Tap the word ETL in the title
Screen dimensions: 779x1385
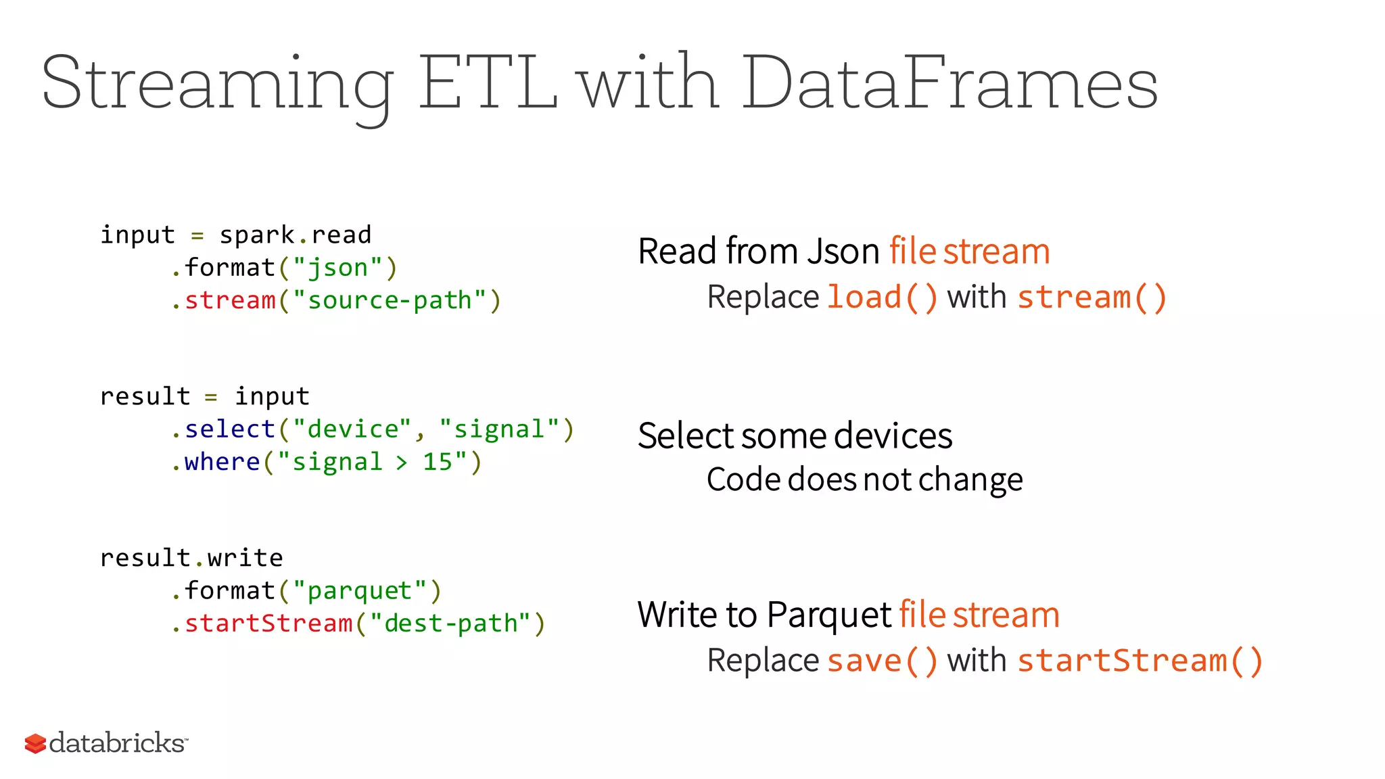488,83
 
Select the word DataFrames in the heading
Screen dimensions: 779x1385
950,83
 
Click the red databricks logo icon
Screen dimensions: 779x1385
35,743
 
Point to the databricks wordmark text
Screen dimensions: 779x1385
118,742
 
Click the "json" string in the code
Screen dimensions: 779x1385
337,268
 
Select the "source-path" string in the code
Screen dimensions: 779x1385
390,300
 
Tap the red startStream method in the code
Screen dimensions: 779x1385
268,623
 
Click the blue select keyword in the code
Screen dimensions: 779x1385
229,429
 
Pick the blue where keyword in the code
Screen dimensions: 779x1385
222,462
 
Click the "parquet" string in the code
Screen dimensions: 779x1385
360,591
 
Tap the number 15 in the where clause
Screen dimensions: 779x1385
437,462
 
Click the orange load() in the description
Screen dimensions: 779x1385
882,298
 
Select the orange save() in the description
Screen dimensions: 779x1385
882,661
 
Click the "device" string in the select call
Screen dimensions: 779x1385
352,429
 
